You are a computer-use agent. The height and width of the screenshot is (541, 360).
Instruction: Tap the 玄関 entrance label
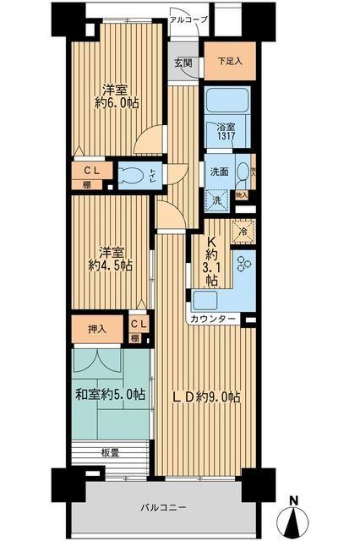coord(183,63)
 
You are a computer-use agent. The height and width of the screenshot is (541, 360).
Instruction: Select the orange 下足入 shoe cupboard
coord(224,62)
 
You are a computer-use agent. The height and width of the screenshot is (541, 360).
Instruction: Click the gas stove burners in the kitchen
coord(243,265)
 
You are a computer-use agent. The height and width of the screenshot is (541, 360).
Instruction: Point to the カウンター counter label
coord(214,320)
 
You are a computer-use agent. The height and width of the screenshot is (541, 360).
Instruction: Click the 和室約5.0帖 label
coord(109,395)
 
